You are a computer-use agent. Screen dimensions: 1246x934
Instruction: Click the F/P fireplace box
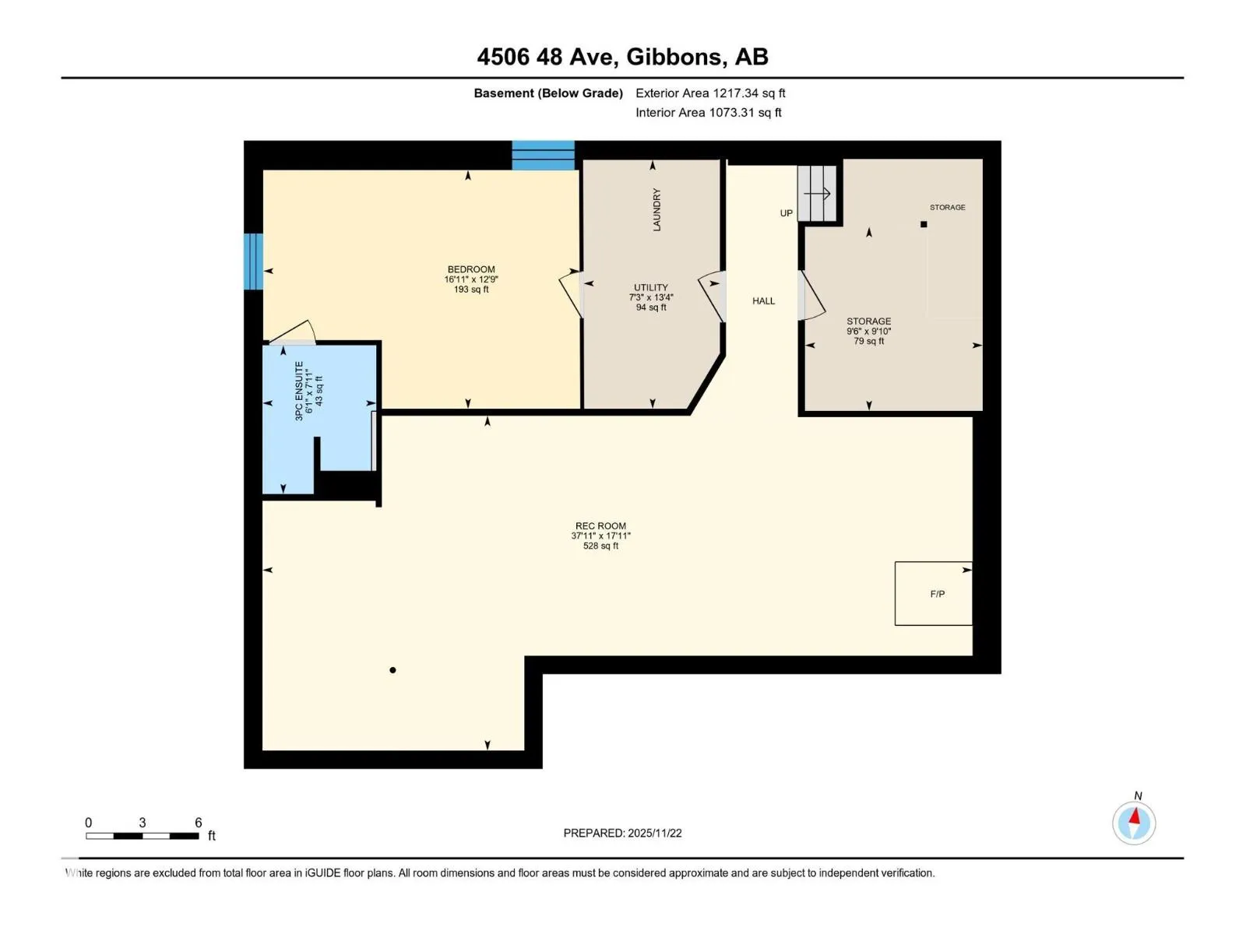point(933,594)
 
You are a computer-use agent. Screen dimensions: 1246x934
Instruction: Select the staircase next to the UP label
point(818,194)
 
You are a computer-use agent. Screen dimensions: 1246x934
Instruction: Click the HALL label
point(763,301)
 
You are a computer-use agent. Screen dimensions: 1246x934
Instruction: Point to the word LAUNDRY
point(656,209)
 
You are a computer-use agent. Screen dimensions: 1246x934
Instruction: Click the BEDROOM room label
point(471,269)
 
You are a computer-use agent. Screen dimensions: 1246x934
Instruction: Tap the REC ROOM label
point(600,525)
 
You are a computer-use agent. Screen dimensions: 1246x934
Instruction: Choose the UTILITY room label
point(650,287)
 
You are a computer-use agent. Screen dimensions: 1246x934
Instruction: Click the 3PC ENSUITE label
point(299,391)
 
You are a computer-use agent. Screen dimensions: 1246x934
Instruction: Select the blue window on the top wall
point(544,156)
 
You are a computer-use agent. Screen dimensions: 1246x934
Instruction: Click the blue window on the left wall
point(253,261)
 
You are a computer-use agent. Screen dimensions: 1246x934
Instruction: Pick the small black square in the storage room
point(924,224)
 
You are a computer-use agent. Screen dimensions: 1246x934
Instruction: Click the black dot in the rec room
point(392,670)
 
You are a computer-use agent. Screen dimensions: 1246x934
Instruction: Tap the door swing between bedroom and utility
point(569,293)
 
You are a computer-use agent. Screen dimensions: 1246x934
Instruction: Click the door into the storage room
point(811,296)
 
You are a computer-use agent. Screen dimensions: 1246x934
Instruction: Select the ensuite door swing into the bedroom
point(292,332)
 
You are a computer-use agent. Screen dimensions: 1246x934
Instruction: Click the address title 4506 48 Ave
point(547,57)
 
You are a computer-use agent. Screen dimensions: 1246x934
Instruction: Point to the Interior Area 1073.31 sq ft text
point(708,112)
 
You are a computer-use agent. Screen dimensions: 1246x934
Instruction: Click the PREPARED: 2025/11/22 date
point(622,833)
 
